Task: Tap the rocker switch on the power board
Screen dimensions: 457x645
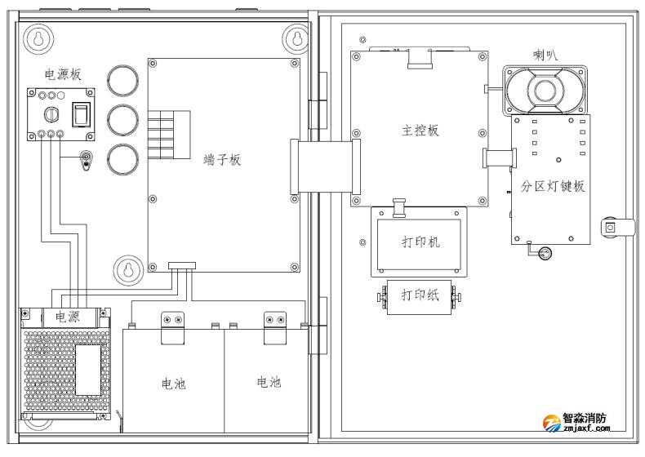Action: click(x=81, y=115)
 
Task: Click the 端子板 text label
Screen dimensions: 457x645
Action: click(x=222, y=160)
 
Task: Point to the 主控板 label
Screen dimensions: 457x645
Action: click(x=421, y=131)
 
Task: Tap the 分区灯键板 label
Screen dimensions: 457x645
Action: click(x=553, y=186)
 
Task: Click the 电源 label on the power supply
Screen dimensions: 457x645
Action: click(x=68, y=317)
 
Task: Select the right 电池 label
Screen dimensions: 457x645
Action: click(x=269, y=382)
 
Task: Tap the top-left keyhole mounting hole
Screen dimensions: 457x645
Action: click(x=37, y=38)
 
